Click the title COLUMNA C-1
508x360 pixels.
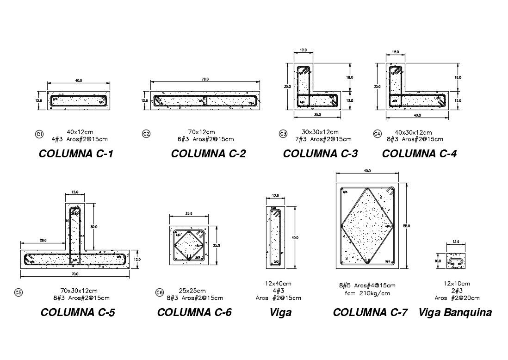click(76, 154)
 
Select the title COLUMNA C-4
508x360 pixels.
click(419, 154)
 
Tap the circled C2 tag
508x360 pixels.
click(146, 134)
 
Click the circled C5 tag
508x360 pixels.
click(19, 292)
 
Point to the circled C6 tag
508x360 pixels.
click(160, 292)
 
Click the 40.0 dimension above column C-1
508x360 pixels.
click(79, 81)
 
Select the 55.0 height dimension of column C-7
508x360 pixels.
click(406, 226)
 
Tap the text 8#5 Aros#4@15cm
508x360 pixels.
click(367, 286)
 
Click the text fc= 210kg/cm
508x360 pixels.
click(367, 293)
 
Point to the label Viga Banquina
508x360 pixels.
click(455, 313)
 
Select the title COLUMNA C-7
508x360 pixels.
click(370, 313)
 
